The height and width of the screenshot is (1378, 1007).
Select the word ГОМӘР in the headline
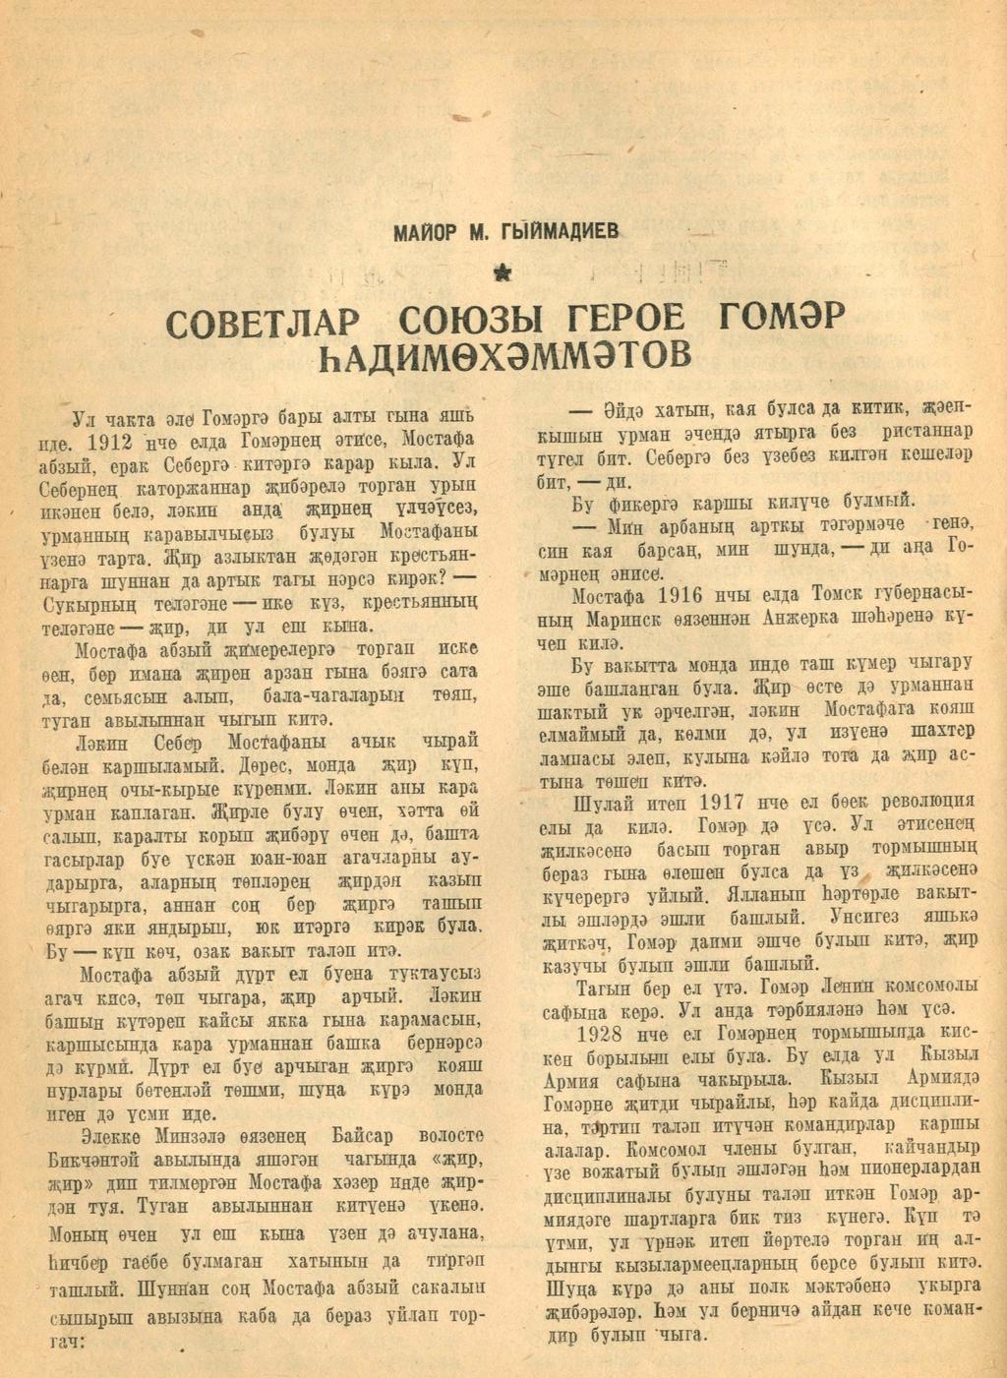pyautogui.click(x=782, y=321)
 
